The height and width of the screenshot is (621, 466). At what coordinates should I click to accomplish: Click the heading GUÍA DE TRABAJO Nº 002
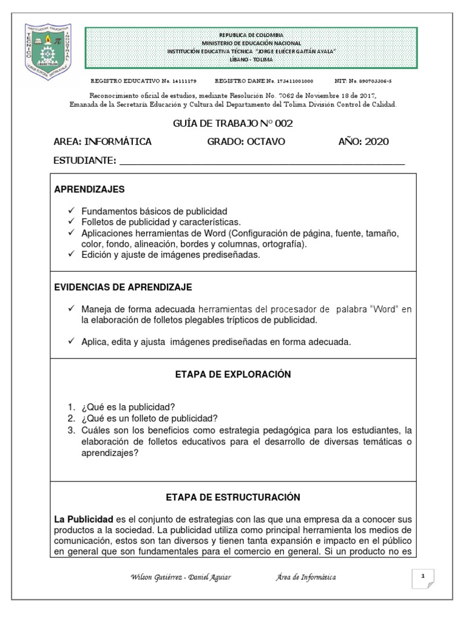coord(233,124)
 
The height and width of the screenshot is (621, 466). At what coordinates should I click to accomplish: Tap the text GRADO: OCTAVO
coord(246,142)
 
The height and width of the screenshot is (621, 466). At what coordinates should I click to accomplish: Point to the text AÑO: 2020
coord(363,142)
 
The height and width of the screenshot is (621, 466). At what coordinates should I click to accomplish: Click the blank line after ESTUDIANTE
coord(262,161)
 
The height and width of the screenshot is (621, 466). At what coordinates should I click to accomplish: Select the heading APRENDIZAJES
coord(89,190)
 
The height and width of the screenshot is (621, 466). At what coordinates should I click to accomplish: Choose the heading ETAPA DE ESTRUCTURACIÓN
coord(234,497)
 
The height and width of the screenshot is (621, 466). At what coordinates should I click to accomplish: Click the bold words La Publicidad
coord(84,520)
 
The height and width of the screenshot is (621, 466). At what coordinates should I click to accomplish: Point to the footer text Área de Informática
coord(305,577)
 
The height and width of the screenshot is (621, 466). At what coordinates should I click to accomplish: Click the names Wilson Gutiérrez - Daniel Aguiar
coord(180,577)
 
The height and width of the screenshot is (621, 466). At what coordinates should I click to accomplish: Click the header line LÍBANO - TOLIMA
coord(251,59)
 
